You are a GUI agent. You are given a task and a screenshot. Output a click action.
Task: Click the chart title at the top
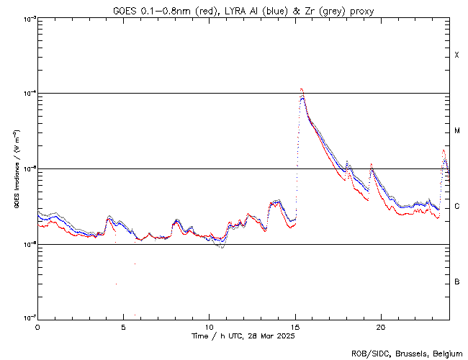click(243, 10)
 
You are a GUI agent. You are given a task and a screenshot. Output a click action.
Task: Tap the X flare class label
click(456, 55)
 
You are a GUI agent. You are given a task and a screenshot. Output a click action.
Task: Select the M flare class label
click(456, 131)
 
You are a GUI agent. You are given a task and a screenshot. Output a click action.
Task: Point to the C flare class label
click(456, 207)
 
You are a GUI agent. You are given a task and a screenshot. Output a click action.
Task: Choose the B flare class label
click(456, 282)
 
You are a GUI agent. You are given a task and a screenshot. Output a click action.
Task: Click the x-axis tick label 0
click(37, 326)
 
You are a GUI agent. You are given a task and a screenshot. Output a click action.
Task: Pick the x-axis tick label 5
click(123, 326)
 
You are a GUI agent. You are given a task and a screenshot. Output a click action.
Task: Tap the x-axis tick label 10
click(209, 326)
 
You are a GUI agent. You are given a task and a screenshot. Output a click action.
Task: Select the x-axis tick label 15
click(295, 326)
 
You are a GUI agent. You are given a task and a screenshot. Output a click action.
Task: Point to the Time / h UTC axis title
click(243, 336)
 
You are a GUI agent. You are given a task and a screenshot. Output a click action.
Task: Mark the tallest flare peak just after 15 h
click(301, 89)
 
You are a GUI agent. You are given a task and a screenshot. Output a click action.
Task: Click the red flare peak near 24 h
click(444, 150)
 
